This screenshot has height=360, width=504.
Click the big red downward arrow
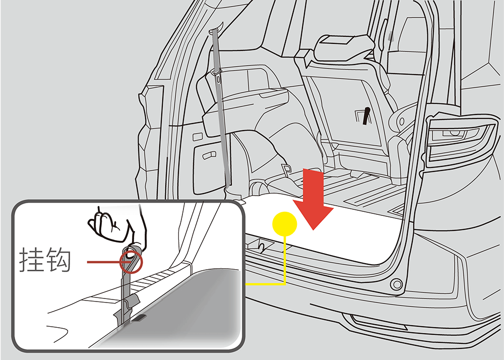click(x=313, y=199)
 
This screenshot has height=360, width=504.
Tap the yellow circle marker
click(x=284, y=224)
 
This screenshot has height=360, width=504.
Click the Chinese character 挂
click(x=31, y=260)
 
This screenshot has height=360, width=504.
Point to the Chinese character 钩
click(x=58, y=260)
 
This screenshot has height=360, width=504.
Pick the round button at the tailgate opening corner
click(x=396, y=284)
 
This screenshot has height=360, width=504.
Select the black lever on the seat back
click(x=366, y=116)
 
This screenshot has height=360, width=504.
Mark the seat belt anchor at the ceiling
click(x=215, y=30)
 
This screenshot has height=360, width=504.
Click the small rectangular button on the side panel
click(x=198, y=137)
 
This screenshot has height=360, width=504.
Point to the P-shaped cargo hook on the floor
click(x=286, y=168)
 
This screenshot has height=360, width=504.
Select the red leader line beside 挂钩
click(x=103, y=262)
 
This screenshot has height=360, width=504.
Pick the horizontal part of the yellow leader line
click(x=266, y=284)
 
